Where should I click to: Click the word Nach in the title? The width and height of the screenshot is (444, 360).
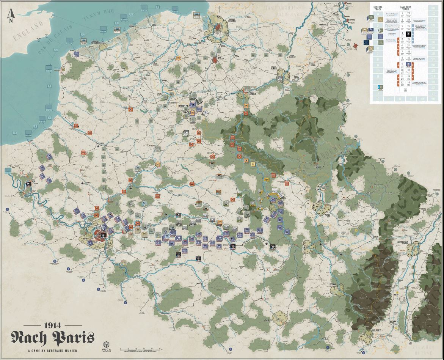[x=29, y=337]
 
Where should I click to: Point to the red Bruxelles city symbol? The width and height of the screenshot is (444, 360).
[x=215, y=60]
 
